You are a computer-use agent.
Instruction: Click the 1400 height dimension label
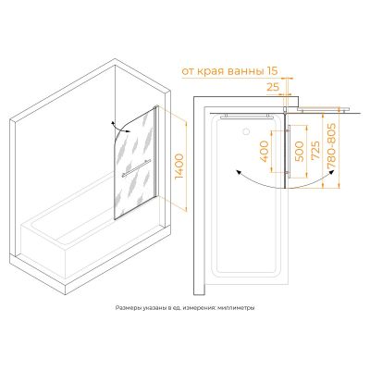(179, 166)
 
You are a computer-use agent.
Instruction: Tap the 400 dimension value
(265, 151)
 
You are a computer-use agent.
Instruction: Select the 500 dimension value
(299, 152)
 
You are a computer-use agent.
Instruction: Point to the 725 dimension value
(315, 151)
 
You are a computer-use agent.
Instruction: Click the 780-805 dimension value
(331, 145)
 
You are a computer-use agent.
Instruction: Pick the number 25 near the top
(273, 87)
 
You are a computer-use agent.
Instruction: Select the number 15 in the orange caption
(271, 71)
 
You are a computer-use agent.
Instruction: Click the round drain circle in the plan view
(246, 131)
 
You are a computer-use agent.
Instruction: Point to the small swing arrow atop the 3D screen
(120, 128)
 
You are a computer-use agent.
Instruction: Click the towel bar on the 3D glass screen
(136, 168)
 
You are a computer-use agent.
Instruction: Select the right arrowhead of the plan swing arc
(331, 172)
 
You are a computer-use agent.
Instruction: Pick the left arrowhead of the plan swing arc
(237, 172)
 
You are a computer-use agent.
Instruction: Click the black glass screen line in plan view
(286, 151)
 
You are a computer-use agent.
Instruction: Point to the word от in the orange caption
(188, 72)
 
